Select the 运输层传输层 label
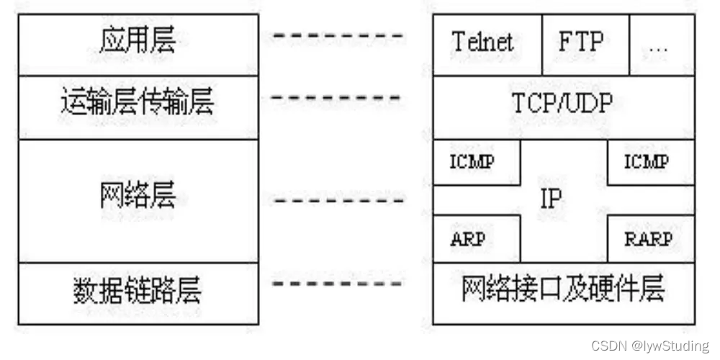138,104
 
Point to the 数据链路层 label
138,291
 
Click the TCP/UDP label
563,104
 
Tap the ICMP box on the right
648,161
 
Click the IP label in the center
551,199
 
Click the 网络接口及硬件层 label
563,291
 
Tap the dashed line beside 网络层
338,200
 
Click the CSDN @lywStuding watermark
650,346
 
